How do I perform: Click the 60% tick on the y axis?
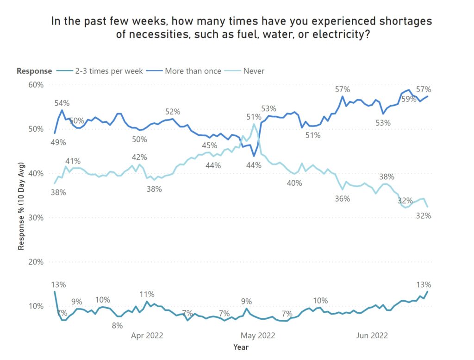tap(36, 85)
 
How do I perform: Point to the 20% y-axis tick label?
tap(36, 262)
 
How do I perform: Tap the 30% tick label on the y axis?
tap(36, 218)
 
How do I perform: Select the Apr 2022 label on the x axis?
tap(147, 335)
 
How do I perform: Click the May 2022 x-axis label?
tap(257, 335)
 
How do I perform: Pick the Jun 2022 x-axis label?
tap(372, 335)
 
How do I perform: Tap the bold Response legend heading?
tap(34, 71)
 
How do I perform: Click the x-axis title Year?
tap(241, 347)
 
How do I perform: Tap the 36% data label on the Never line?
tap(343, 198)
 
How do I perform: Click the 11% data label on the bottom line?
tap(147, 294)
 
